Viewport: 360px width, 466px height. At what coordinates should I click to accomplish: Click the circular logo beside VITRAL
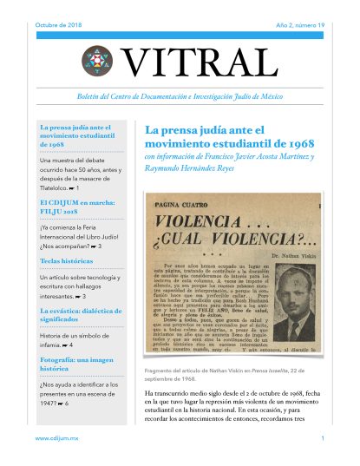pos(97,60)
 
